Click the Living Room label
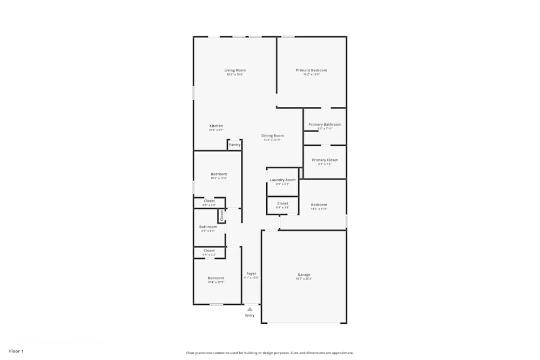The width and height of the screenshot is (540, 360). pyautogui.click(x=235, y=70)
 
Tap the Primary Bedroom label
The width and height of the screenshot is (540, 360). pyautogui.click(x=311, y=70)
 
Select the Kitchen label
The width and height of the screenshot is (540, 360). pyautogui.click(x=216, y=126)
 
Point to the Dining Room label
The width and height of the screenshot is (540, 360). pyautogui.click(x=272, y=135)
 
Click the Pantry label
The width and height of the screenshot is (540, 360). pyautogui.click(x=234, y=145)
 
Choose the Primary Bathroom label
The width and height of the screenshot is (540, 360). pyautogui.click(x=325, y=124)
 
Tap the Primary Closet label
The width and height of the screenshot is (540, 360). pyautogui.click(x=325, y=160)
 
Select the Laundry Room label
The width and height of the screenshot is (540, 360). pyautogui.click(x=282, y=180)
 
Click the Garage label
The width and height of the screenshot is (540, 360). pyautogui.click(x=303, y=275)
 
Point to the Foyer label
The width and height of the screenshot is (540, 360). pyautogui.click(x=251, y=274)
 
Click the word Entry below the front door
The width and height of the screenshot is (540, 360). pyautogui.click(x=249, y=315)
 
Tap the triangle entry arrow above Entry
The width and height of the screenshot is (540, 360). pyautogui.click(x=249, y=309)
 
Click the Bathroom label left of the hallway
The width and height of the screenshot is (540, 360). pyautogui.click(x=208, y=227)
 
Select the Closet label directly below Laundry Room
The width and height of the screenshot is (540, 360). pyautogui.click(x=282, y=203)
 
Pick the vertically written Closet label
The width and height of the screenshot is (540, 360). pyautogui.click(x=221, y=215)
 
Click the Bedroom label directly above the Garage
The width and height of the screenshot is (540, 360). pyautogui.click(x=319, y=205)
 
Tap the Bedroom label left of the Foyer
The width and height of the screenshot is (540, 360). pyautogui.click(x=216, y=278)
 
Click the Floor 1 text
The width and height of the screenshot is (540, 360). pyautogui.click(x=16, y=351)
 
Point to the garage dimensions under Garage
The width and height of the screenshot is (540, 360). pyautogui.click(x=303, y=279)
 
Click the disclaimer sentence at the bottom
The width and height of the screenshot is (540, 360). pyautogui.click(x=270, y=353)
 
